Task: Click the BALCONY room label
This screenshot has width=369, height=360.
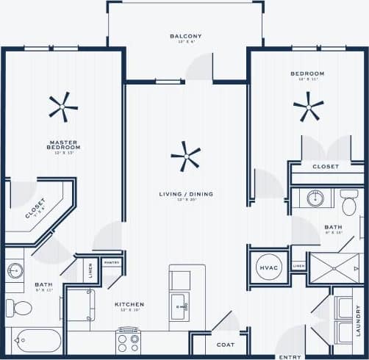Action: tap(185, 36)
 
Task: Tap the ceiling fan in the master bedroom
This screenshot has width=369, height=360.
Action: tap(63, 107)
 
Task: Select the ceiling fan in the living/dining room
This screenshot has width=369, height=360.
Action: tap(185, 155)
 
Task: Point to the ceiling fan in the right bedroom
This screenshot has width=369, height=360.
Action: tap(308, 107)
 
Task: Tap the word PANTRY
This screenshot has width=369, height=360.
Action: tap(112, 262)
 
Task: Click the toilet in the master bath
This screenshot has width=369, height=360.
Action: tap(21, 306)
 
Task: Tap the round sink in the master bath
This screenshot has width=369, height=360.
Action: tap(15, 270)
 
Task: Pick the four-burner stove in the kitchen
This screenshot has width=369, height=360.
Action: tap(128, 339)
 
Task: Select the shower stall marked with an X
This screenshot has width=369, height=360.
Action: tap(334, 268)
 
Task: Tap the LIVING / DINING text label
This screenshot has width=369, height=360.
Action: tap(186, 194)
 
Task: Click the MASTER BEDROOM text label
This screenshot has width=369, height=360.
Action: tap(64, 145)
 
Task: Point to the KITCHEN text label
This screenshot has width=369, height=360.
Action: tap(129, 304)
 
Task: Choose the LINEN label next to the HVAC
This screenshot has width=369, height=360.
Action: tap(298, 266)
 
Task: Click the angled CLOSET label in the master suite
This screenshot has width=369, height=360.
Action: tap(35, 209)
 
